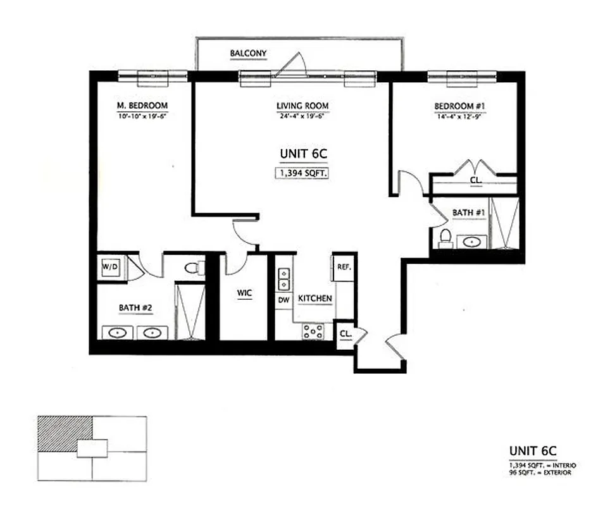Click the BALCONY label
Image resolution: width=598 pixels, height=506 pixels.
(x=249, y=53)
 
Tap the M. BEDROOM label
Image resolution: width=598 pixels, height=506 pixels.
(x=142, y=105)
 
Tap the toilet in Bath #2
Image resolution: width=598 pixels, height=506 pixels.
(x=194, y=268)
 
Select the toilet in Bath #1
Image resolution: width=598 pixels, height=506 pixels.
(x=445, y=237)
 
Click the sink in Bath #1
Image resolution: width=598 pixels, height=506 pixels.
(x=472, y=241)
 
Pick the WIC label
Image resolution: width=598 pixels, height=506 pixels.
(x=244, y=293)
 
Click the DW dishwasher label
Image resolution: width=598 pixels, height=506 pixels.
(x=283, y=300)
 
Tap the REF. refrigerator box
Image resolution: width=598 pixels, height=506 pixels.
(x=344, y=267)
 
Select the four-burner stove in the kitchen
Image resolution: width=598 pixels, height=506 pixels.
(x=313, y=330)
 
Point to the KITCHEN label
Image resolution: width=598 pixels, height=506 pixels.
(x=315, y=298)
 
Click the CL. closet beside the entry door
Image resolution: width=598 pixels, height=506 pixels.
(x=346, y=333)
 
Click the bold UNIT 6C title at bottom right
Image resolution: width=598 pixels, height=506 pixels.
(x=532, y=450)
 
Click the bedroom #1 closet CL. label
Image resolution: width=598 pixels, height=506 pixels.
(x=476, y=180)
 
